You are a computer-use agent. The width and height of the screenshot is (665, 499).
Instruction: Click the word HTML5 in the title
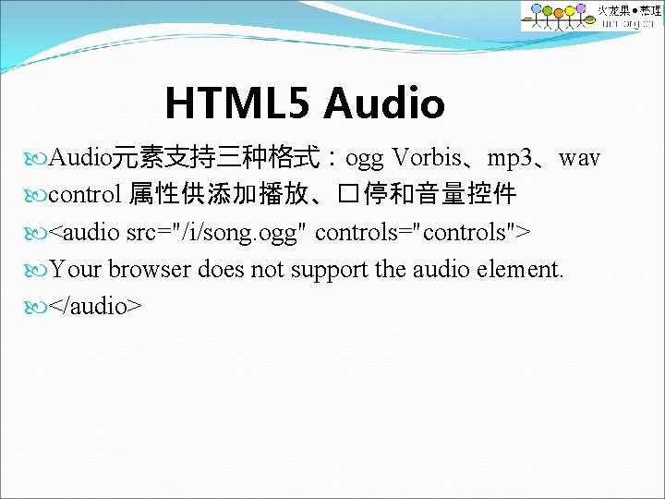click(238, 103)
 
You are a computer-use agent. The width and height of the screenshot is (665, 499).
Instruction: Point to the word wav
click(580, 158)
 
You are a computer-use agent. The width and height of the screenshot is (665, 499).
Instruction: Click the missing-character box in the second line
click(347, 195)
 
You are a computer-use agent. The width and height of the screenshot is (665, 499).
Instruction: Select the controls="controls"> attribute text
click(422, 232)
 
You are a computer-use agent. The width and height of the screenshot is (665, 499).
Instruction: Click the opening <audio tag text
click(84, 232)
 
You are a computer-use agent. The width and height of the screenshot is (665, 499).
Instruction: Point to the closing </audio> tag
click(95, 306)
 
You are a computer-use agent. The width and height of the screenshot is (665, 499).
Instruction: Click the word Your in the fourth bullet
click(76, 269)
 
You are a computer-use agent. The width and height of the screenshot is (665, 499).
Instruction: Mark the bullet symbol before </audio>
click(36, 306)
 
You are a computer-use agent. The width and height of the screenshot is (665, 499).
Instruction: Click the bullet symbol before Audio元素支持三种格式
click(36, 158)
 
